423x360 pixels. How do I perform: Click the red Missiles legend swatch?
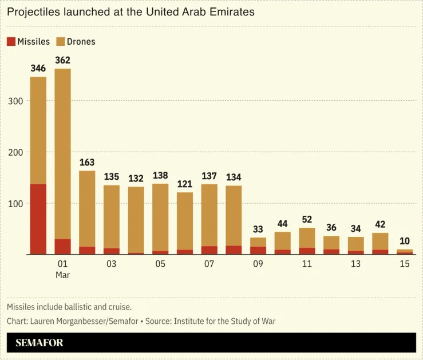tap(11, 42)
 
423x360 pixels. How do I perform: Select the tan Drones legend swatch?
tap(60, 42)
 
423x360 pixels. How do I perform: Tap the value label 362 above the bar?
tap(62, 60)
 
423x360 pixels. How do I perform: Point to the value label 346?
tap(38, 69)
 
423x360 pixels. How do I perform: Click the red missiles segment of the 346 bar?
tap(38, 219)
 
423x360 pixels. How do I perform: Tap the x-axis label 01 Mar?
tap(62, 269)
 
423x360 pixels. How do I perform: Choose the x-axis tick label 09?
tap(258, 264)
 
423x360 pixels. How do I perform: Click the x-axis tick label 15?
tap(405, 264)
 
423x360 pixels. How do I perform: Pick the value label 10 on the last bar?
tap(405, 241)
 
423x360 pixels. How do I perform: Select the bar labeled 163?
tap(87, 212)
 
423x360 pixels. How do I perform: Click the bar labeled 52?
tap(307, 241)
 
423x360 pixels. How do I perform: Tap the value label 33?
tap(258, 230)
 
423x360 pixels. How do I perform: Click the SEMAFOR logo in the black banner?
tap(39, 343)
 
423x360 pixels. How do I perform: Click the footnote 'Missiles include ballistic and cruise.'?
tap(69, 307)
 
